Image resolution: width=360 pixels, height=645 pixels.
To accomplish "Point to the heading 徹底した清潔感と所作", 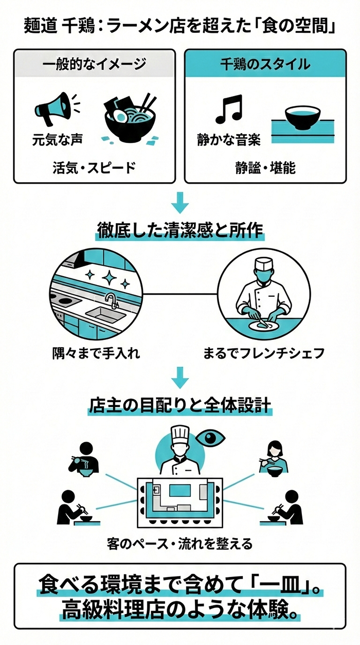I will pos(180,230).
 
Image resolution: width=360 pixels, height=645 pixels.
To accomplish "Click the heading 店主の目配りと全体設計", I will pos(180,404).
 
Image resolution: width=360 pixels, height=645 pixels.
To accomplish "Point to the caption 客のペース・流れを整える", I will pos(179,543).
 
